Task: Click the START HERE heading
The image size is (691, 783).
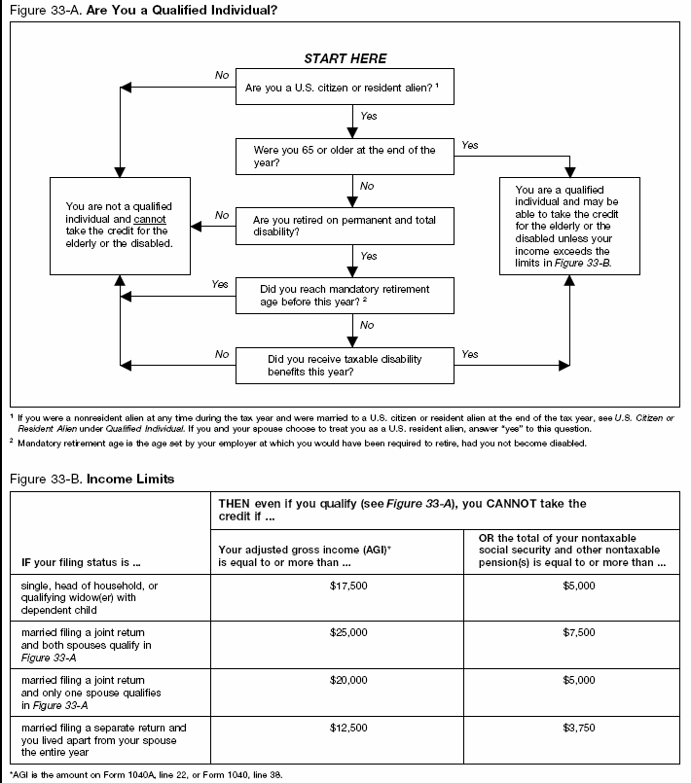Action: tap(345, 59)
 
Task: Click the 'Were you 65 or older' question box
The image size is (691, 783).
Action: tap(345, 157)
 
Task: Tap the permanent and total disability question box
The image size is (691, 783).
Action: tap(345, 226)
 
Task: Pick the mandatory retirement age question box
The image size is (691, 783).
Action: tap(345, 296)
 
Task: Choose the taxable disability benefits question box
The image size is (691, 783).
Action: tap(345, 366)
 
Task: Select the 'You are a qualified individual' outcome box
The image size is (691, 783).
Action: tap(568, 226)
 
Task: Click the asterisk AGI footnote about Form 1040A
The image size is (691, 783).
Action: tap(146, 775)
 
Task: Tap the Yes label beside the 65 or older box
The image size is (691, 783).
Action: tap(470, 145)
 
